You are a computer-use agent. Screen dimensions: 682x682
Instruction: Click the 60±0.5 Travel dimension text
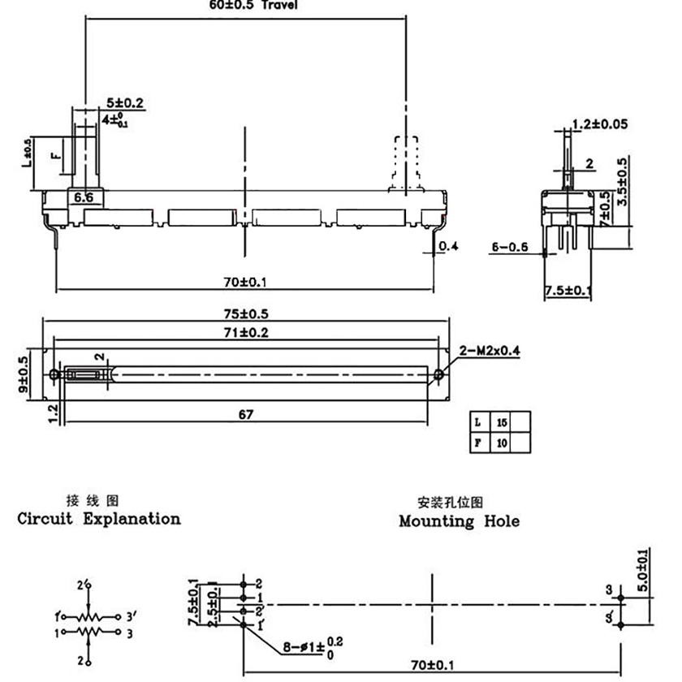pyautogui.click(x=253, y=5)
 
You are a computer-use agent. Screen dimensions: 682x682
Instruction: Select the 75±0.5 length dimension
pyautogui.click(x=247, y=314)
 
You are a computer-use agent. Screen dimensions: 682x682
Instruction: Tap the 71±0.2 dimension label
pyautogui.click(x=247, y=333)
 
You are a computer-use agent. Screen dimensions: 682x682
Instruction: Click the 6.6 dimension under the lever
pyautogui.click(x=84, y=197)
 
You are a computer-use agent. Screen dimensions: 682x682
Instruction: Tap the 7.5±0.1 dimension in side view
pyautogui.click(x=568, y=291)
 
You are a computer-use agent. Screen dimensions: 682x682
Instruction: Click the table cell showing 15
pyautogui.click(x=503, y=422)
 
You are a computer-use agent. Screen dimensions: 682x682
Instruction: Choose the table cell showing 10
pyautogui.click(x=503, y=443)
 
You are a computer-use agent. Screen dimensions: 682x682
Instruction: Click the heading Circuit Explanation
pyautogui.click(x=99, y=519)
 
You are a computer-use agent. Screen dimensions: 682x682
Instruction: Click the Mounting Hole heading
pyautogui.click(x=459, y=521)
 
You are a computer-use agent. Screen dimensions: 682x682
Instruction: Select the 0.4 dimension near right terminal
pyautogui.click(x=448, y=247)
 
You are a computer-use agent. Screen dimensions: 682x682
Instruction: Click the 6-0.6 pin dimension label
pyautogui.click(x=510, y=247)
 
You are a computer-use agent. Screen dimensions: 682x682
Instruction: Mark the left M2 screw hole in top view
pyautogui.click(x=54, y=374)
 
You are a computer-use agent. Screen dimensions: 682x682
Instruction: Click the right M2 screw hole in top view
pyautogui.click(x=438, y=374)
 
